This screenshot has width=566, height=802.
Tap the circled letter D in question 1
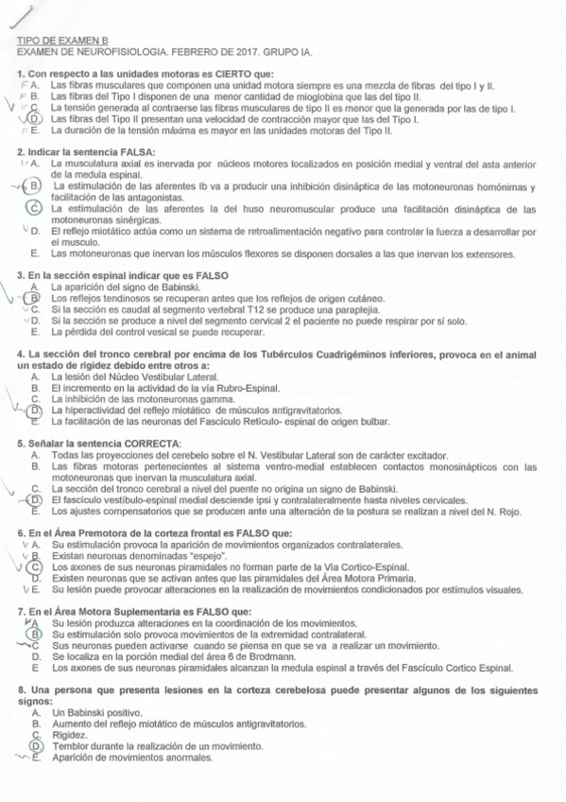[x=35, y=118]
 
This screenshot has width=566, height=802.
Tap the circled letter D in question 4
[x=35, y=410]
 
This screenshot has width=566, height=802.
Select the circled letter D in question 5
[x=35, y=499]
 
